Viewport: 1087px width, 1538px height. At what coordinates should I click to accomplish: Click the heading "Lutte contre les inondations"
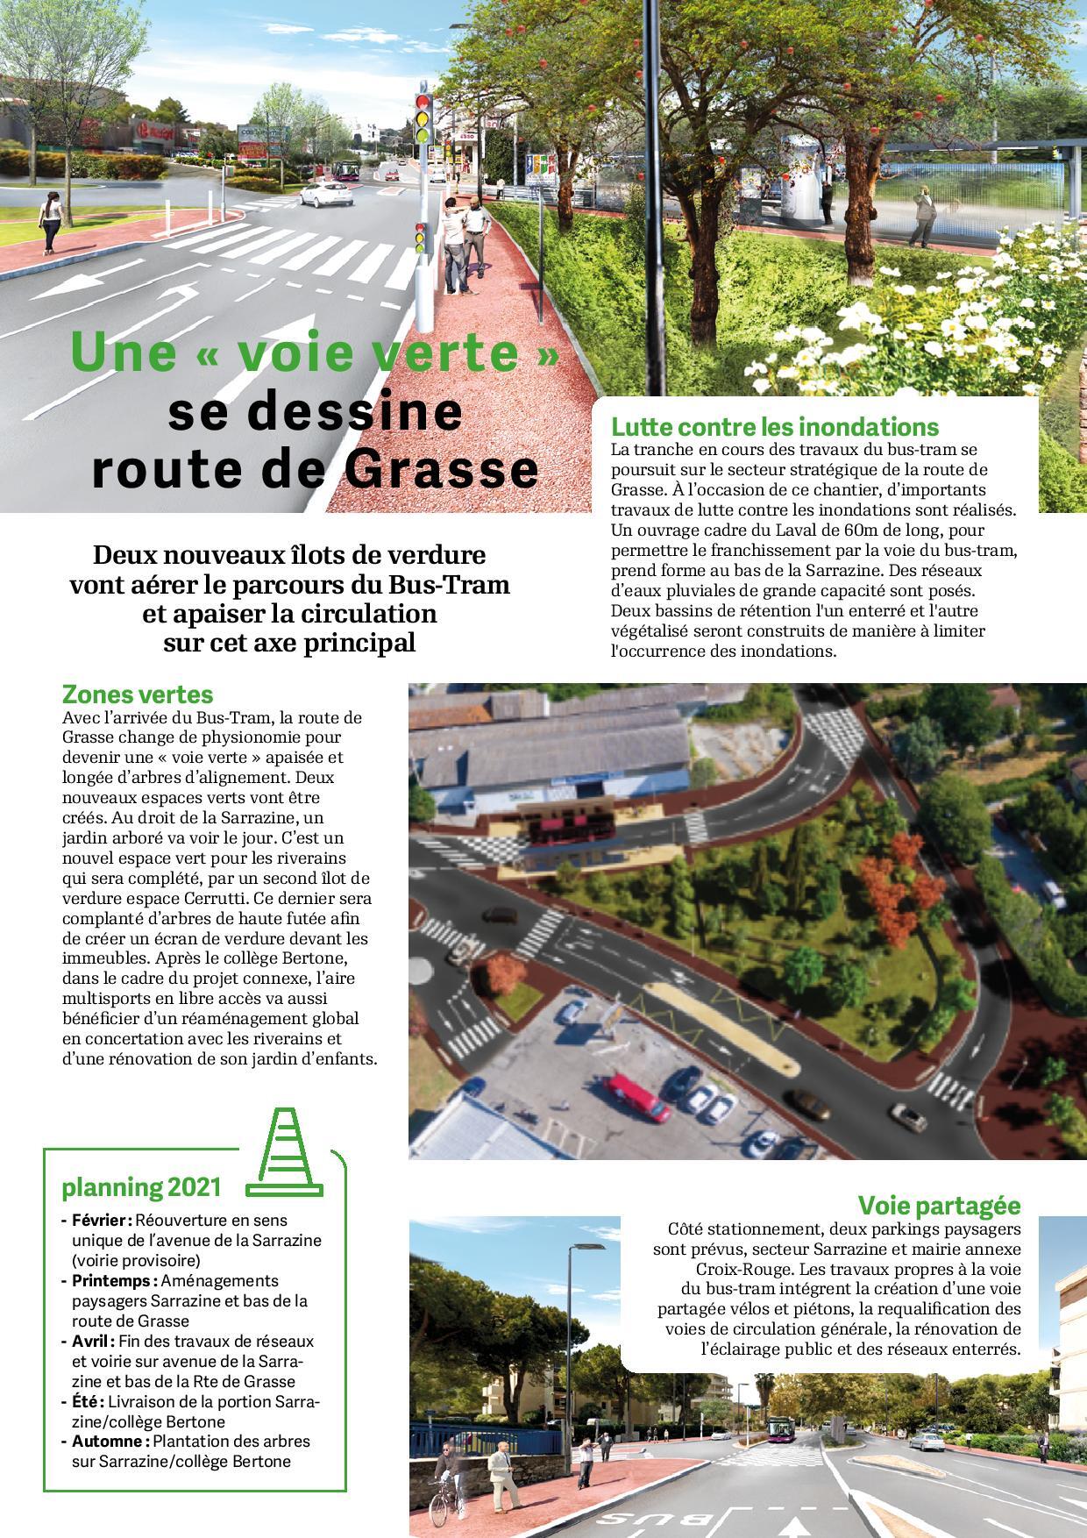pos(774,428)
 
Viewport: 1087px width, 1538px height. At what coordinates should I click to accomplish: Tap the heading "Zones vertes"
pos(138,694)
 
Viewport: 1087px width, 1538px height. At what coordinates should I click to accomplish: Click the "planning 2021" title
pos(141,1188)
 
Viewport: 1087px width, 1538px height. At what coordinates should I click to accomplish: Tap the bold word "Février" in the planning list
pos(102,1220)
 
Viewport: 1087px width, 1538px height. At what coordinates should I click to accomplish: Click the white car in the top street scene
pos(321,195)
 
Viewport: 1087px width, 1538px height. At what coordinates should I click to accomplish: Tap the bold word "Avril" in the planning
pos(92,1341)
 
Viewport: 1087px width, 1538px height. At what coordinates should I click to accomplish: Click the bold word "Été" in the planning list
pos(87,1401)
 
